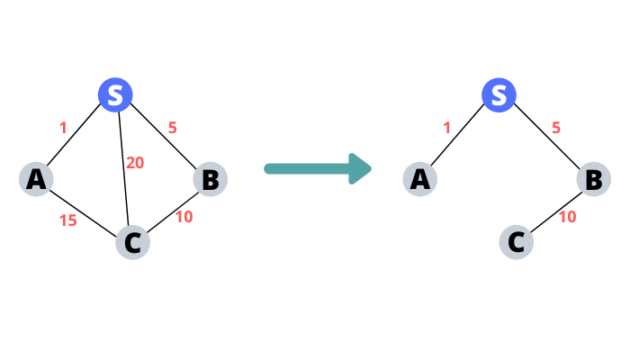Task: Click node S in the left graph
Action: (x=115, y=95)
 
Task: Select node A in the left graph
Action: (x=36, y=179)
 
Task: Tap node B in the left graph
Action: (x=209, y=179)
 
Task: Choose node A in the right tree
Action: (x=419, y=179)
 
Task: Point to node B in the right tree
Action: (x=593, y=179)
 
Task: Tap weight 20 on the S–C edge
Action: (x=135, y=163)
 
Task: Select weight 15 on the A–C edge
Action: (x=67, y=220)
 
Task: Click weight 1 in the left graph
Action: (x=63, y=128)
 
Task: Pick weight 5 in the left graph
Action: (x=172, y=128)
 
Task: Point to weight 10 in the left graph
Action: (x=184, y=217)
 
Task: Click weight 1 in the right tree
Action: (x=446, y=128)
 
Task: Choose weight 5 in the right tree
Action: (x=555, y=128)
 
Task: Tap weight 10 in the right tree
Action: (x=567, y=217)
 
